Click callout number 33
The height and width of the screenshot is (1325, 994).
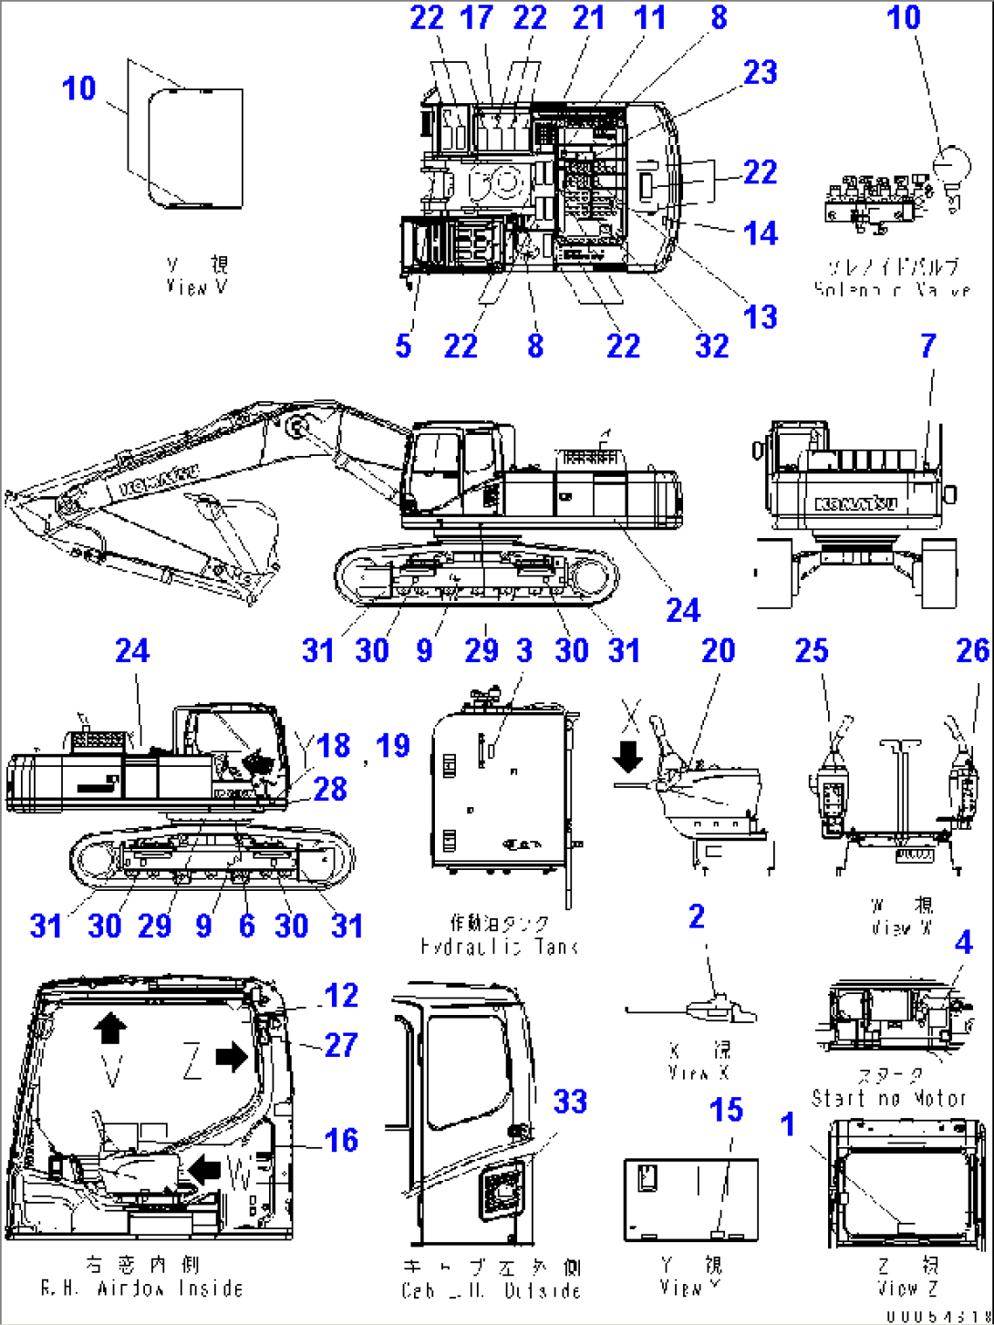(570, 1102)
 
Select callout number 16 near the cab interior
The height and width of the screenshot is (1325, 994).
(341, 1140)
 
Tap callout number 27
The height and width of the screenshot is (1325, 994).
(341, 1045)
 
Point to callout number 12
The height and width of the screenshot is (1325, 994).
(341, 996)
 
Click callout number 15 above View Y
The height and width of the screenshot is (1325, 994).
(726, 1110)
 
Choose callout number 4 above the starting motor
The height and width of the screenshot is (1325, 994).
(963, 943)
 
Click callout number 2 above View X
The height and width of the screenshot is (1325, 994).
(697, 916)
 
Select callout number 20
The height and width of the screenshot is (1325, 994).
(718, 651)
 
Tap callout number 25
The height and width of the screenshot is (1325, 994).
(811, 651)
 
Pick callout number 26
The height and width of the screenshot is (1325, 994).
(972, 651)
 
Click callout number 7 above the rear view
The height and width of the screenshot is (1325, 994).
(927, 346)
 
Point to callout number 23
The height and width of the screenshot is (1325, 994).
(760, 73)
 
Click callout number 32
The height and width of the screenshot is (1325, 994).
(711, 346)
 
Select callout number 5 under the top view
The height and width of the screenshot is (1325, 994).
(403, 346)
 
